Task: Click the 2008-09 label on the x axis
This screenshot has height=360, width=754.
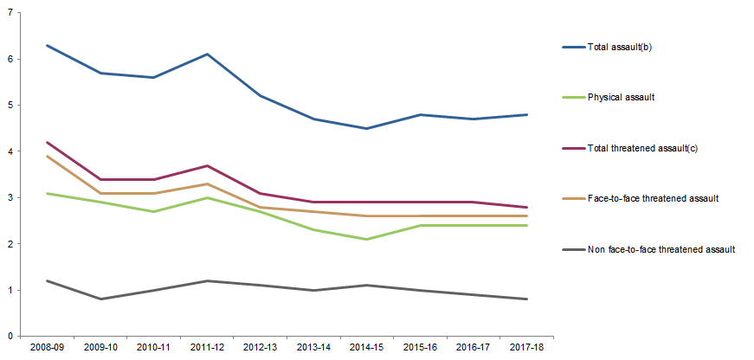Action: tap(46, 346)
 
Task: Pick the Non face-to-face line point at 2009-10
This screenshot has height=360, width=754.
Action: tap(102, 299)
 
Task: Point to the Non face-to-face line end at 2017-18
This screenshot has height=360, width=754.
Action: tap(527, 299)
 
